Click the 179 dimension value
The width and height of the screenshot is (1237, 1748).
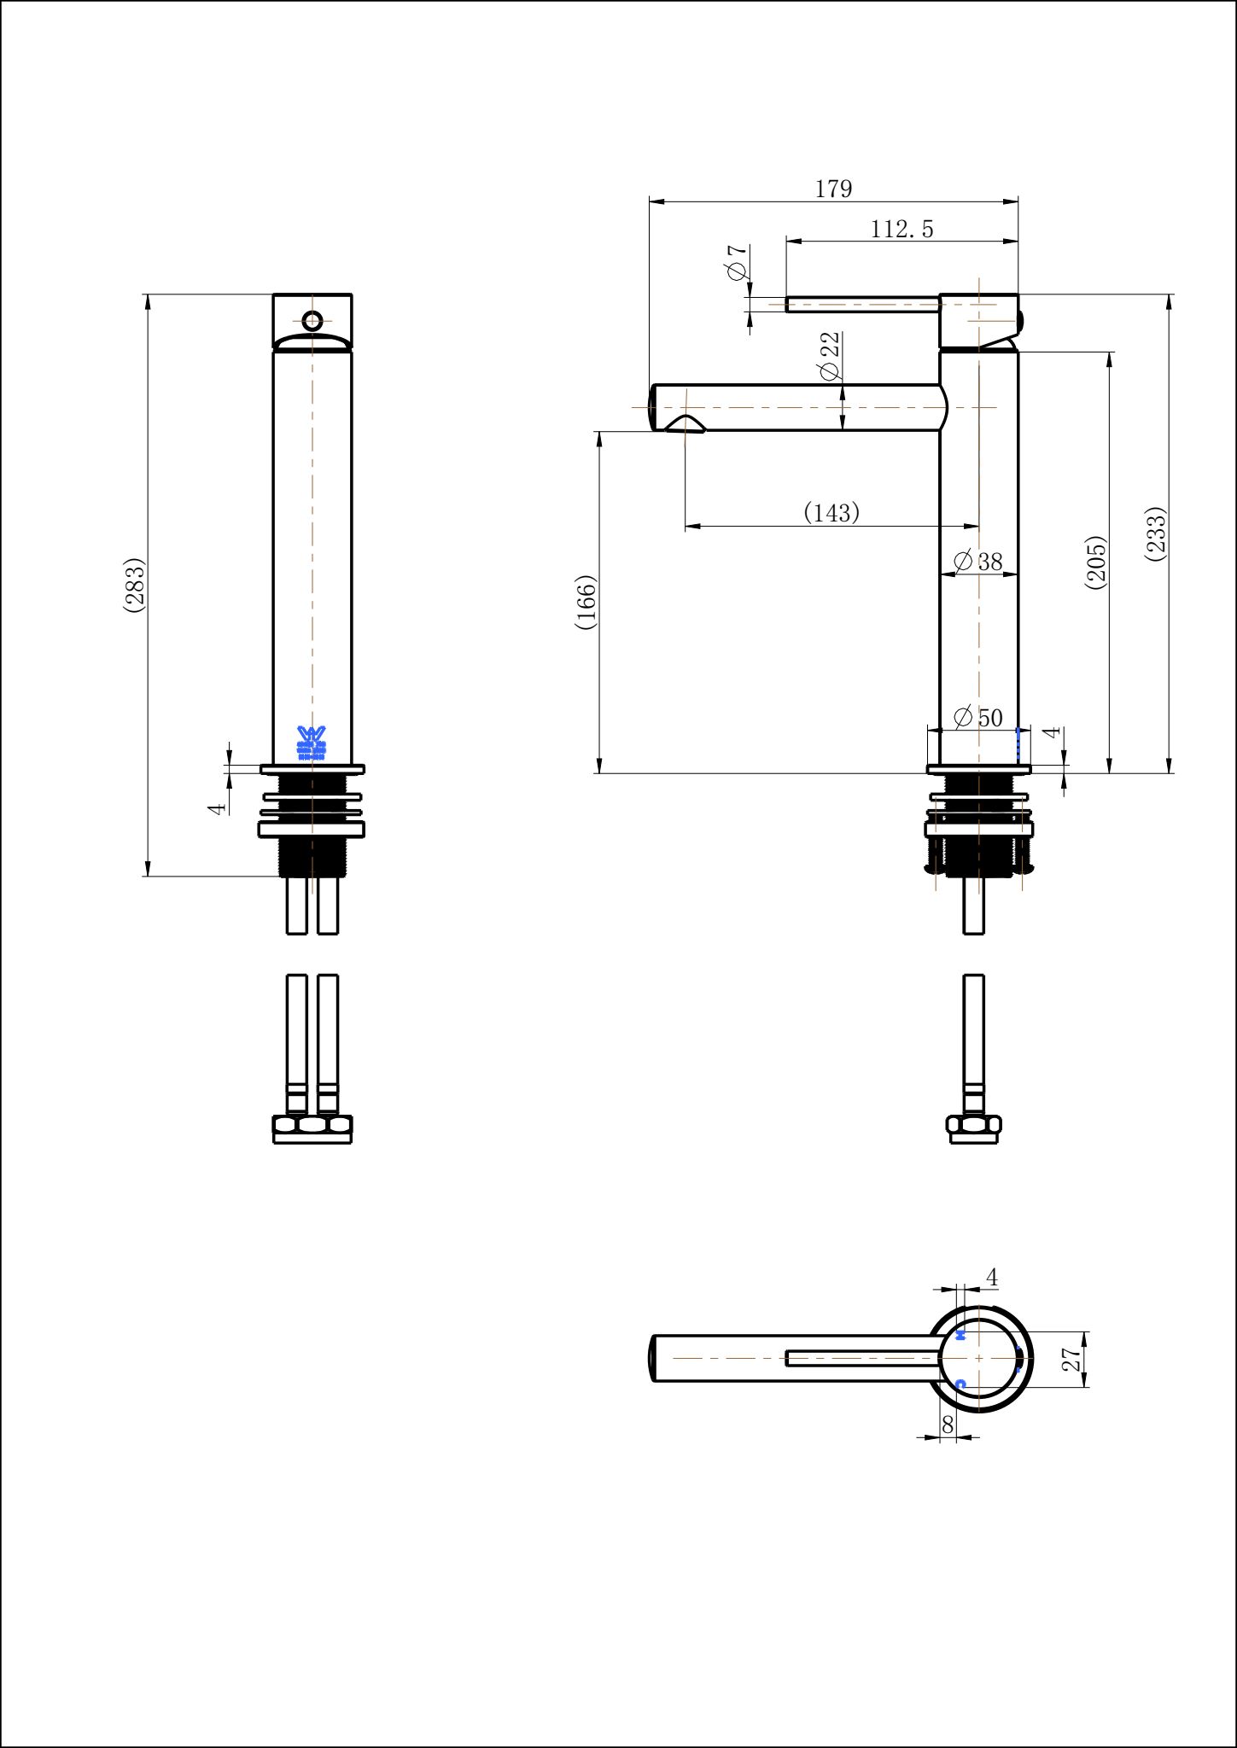point(833,189)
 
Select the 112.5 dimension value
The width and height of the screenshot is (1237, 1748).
point(901,229)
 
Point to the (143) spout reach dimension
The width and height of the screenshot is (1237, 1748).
point(831,512)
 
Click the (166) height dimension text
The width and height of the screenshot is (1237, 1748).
point(586,603)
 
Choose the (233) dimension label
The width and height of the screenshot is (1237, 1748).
point(1155,534)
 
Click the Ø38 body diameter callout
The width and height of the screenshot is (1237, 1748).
point(977,562)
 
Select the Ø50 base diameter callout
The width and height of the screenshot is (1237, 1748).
point(978,718)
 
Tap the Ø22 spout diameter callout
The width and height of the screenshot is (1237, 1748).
point(829,356)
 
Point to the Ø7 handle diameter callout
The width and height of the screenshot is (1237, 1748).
point(738,262)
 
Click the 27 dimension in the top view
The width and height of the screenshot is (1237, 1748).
point(1072,1359)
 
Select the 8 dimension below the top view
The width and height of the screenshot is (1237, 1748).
point(947,1424)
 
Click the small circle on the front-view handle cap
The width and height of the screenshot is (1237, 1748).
point(312,321)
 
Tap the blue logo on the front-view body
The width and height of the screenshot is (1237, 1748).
point(312,743)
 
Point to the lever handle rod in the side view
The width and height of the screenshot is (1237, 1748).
point(862,305)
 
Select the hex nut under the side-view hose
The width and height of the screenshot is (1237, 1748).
point(973,1128)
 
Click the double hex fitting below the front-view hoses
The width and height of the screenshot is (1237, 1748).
point(312,1128)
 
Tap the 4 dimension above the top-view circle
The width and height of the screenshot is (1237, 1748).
point(991,1278)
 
